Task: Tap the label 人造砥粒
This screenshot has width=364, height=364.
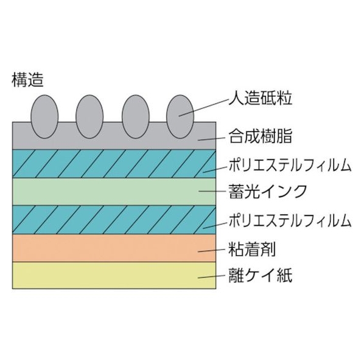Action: click(x=261, y=98)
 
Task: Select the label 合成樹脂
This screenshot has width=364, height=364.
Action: click(x=261, y=136)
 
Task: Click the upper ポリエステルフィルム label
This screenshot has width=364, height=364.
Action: click(x=290, y=165)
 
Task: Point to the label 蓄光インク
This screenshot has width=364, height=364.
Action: click(x=268, y=191)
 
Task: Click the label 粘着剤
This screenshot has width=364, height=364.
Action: click(x=252, y=249)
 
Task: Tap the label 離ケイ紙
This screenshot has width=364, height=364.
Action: click(x=261, y=275)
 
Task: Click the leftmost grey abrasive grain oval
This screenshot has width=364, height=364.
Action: click(x=44, y=116)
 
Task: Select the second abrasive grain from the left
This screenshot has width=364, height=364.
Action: click(x=89, y=116)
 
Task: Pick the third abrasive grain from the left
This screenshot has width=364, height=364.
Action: click(x=136, y=116)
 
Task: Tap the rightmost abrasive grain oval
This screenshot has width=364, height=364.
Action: click(x=180, y=116)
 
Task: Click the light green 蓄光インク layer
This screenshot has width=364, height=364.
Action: click(x=114, y=192)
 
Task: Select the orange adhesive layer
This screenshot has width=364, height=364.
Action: click(x=114, y=248)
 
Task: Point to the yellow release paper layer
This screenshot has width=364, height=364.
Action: click(x=114, y=276)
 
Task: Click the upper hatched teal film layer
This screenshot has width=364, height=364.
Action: click(x=114, y=164)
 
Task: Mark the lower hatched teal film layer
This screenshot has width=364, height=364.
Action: click(x=114, y=220)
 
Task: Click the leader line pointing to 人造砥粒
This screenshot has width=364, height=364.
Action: click(x=203, y=108)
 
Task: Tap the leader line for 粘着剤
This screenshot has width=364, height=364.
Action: click(x=211, y=251)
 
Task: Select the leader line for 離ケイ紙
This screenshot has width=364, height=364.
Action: click(x=211, y=276)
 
